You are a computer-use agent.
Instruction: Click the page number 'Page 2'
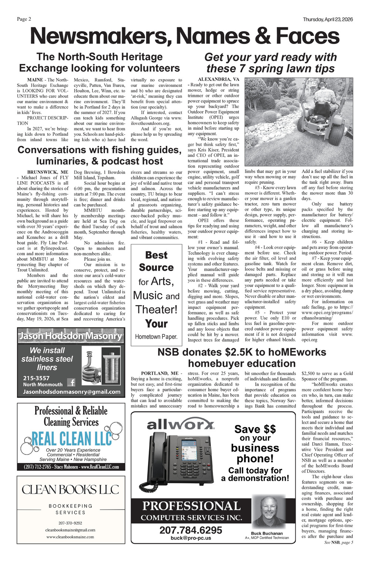click(24, 19)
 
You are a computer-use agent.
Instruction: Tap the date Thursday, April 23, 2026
click(327, 19)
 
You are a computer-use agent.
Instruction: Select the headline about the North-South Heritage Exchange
click(99, 62)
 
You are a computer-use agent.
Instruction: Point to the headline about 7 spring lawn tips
click(270, 63)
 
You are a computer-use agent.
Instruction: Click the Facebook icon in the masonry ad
click(71, 382)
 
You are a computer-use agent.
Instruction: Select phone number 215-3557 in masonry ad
click(36, 378)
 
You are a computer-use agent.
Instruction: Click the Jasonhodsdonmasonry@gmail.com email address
click(71, 392)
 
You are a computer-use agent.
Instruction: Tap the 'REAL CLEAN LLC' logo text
click(72, 439)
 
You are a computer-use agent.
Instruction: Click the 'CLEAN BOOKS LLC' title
click(71, 490)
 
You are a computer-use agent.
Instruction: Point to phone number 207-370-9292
click(70, 523)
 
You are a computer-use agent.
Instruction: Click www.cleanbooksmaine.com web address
click(70, 537)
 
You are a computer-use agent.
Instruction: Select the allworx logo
click(181, 425)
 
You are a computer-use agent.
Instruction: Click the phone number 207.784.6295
click(191, 530)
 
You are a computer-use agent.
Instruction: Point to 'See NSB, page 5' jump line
click(338, 542)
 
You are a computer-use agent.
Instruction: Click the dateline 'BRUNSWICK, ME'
click(48, 172)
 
